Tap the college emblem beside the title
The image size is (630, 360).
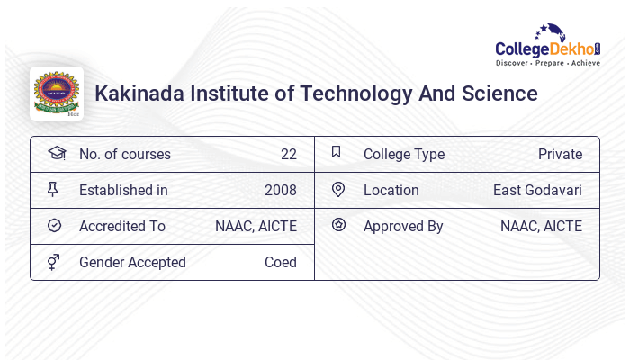56,93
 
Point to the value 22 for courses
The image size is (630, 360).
288,154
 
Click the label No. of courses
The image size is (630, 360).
124,154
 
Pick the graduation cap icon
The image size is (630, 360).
56,153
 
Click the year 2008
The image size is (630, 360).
280,190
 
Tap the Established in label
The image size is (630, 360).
123,190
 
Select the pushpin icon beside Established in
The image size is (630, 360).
53,189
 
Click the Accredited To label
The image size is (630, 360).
122,226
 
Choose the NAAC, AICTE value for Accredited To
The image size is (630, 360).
256,226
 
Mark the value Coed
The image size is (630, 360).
280,262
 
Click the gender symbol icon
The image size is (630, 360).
54,262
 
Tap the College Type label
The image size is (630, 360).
404,154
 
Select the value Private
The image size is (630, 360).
560,154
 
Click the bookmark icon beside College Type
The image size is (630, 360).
337,152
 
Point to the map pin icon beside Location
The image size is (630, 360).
337,189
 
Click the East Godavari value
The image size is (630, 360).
537,190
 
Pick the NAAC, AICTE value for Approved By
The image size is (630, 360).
541,226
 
